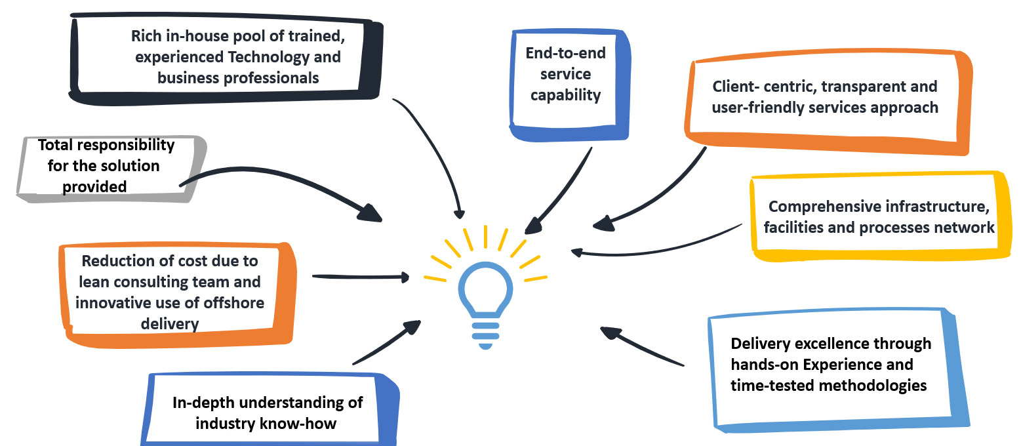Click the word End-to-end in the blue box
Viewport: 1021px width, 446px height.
(x=565, y=53)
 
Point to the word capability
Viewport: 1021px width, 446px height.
(x=565, y=95)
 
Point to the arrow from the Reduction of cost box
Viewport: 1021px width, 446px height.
(x=361, y=277)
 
